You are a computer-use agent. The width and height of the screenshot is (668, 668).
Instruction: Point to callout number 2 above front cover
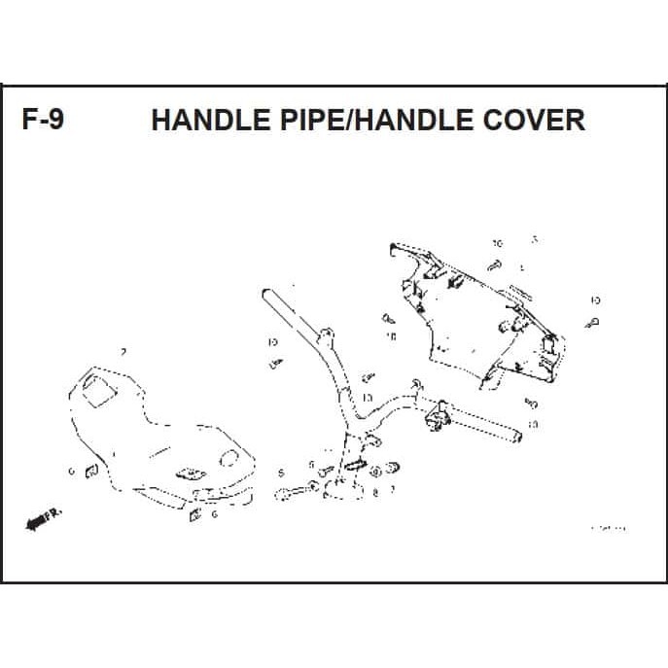(123, 351)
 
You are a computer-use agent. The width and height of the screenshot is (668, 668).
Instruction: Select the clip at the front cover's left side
(89, 473)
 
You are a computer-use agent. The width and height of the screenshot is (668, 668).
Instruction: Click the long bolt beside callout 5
(296, 490)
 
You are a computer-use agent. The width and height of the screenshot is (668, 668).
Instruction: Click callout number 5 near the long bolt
(280, 474)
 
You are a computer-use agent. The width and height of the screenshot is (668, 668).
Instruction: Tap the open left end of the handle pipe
(264, 292)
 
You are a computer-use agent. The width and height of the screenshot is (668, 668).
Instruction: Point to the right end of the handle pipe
(513, 437)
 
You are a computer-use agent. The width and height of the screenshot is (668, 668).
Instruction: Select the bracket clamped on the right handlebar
(434, 419)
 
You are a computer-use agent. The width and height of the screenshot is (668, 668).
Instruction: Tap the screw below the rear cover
(531, 404)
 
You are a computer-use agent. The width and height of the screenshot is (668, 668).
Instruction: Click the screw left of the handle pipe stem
(277, 363)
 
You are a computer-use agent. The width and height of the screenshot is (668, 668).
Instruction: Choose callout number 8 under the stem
(374, 494)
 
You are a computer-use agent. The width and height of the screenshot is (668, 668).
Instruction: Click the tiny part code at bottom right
(609, 528)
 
